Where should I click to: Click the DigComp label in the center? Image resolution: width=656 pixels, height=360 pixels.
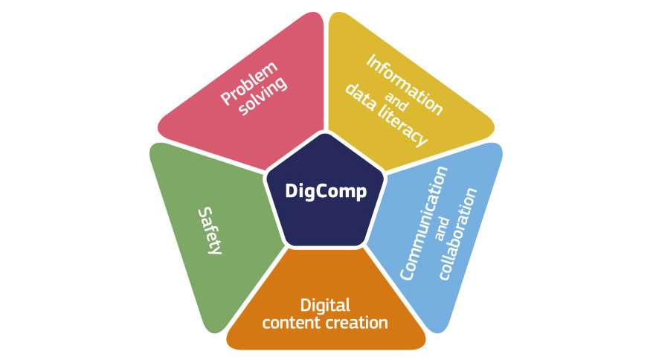(x=326, y=192)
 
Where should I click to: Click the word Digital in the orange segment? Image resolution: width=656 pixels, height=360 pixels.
(x=325, y=305)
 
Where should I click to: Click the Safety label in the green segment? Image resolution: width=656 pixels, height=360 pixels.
(x=210, y=231)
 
